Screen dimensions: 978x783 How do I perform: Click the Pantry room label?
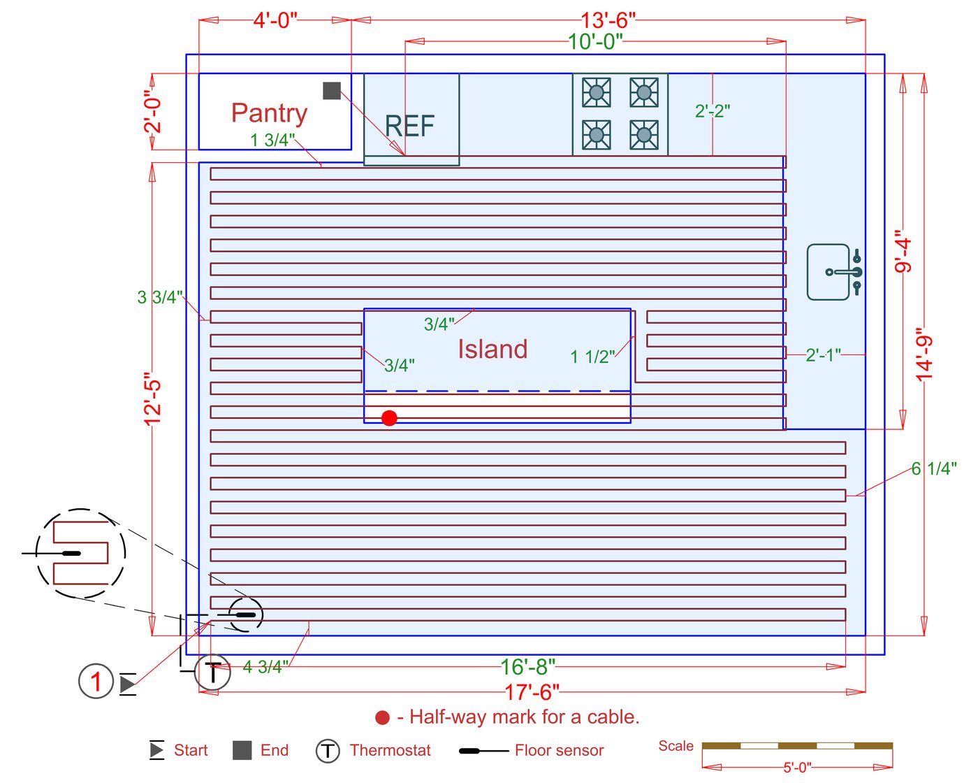[270, 113]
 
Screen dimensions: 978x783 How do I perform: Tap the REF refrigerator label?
[409, 126]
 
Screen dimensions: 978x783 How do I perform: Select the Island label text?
[492, 349]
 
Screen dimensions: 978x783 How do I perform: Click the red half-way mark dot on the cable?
[390, 418]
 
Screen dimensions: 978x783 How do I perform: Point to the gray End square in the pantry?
[332, 91]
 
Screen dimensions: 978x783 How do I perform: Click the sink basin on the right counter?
[828, 272]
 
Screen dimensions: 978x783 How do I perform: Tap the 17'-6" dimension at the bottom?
[532, 692]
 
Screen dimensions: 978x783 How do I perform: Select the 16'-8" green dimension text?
[527, 667]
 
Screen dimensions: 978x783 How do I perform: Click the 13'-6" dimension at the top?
[608, 20]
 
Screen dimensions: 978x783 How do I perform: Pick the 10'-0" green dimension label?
[595, 41]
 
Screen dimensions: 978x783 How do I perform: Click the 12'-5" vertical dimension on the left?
[152, 399]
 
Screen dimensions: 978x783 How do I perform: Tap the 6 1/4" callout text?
[934, 468]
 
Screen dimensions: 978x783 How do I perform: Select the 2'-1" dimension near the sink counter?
[823, 355]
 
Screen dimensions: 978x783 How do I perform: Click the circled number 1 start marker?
[96, 681]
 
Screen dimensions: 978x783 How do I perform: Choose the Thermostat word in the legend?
[390, 750]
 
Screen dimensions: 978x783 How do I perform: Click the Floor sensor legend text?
[559, 750]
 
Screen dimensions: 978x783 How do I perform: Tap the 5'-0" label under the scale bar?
[797, 767]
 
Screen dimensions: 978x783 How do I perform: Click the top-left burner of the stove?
[597, 92]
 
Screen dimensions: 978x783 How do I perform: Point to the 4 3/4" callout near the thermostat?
[265, 667]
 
